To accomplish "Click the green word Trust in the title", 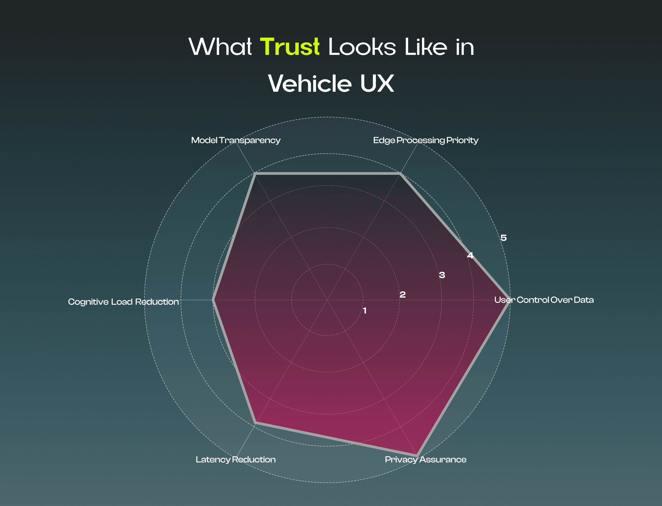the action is pyautogui.click(x=289, y=47).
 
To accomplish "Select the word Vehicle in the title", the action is pyautogui.click(x=310, y=83).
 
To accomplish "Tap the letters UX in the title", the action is pyautogui.click(x=377, y=83).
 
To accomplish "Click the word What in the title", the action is pyautogui.click(x=220, y=47).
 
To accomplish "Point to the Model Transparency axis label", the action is pyautogui.click(x=236, y=140).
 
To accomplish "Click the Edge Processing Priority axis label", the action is pyautogui.click(x=425, y=140).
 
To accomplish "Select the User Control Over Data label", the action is pyautogui.click(x=544, y=300).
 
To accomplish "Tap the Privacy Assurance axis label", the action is pyautogui.click(x=425, y=460).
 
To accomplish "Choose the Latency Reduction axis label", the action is pyautogui.click(x=236, y=460).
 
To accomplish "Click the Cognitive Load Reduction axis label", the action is pyautogui.click(x=123, y=302).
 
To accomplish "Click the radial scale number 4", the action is pyautogui.click(x=470, y=255).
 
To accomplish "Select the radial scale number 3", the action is pyautogui.click(x=442, y=275).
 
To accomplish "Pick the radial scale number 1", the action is pyautogui.click(x=365, y=310).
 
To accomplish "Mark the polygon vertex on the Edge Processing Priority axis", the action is pyautogui.click(x=400, y=174).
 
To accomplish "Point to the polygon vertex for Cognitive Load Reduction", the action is pyautogui.click(x=213, y=300).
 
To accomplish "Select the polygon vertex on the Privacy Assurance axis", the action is pyautogui.click(x=417, y=455).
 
